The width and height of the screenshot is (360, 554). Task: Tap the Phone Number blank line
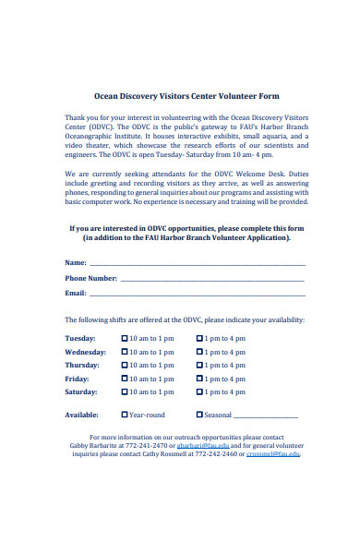tap(212, 279)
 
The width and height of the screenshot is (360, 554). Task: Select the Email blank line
tap(196, 294)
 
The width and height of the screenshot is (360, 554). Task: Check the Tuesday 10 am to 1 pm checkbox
tap(125, 339)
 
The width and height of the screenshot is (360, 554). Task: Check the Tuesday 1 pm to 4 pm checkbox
tap(199, 339)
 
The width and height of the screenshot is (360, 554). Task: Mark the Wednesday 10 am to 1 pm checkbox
tap(125, 352)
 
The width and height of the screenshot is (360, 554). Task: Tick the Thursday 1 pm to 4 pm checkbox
tap(199, 366)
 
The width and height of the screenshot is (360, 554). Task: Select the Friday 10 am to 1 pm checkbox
tap(125, 379)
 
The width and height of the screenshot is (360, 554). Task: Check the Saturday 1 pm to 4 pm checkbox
tap(199, 391)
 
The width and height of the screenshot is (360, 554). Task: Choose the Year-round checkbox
tap(125, 415)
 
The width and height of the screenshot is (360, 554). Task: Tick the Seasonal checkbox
tap(199, 415)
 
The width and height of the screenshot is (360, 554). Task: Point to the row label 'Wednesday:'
tap(85, 352)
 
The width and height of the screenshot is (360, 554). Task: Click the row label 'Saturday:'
tap(81, 391)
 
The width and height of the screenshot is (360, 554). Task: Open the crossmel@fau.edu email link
tap(274, 453)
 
